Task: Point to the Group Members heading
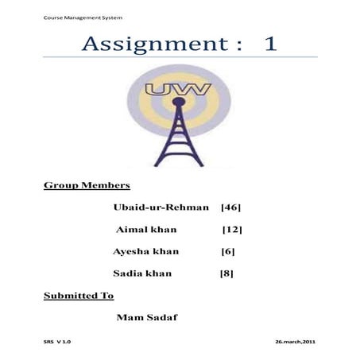pos(87,185)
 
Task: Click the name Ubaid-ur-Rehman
pos(161,207)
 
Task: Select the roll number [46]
pos(230,207)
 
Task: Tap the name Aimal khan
pos(146,230)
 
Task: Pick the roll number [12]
pos(232,230)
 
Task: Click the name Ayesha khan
pos(147,251)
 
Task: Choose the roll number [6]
pos(228,251)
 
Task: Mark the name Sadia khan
pos(143,273)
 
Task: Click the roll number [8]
pos(226,273)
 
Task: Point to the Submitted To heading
pos(79,296)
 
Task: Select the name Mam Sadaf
pos(147,318)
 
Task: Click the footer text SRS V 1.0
pos(57,341)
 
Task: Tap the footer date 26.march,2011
pos(296,341)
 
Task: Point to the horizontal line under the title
pos(180,57)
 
